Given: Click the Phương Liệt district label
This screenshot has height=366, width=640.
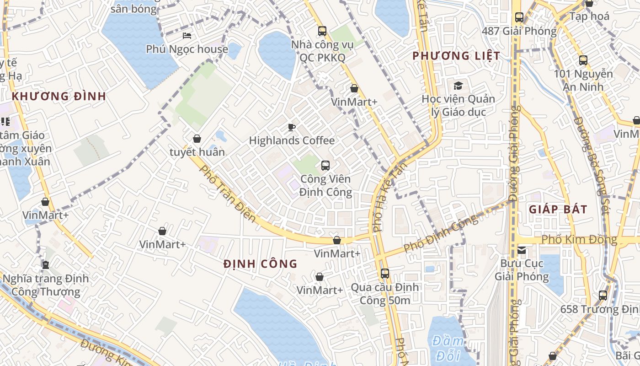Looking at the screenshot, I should point(456,56).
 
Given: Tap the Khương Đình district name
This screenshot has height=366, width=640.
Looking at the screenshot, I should point(59,97).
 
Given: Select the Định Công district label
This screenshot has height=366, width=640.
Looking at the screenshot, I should point(261,264).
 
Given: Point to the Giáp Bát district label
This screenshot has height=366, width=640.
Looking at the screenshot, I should point(558,210).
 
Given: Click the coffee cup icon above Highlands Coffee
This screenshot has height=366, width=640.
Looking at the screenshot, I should point(292,127).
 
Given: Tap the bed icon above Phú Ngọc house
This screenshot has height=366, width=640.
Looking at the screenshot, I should point(187,35).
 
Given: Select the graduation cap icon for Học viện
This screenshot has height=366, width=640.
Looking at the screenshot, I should point(458,86).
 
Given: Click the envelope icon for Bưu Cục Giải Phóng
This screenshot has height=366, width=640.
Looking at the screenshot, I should point(522,250).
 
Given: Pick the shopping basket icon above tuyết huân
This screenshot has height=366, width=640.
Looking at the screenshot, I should point(197,138).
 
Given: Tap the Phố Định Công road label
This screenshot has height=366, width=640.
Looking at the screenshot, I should point(441,234).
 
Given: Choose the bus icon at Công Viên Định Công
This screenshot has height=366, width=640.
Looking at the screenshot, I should point(325,165).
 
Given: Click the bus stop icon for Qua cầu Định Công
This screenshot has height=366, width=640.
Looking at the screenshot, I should point(385,274).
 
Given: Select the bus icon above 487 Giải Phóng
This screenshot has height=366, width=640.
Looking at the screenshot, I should point(519,17).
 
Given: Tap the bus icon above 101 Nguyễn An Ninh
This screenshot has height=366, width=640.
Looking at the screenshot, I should point(583,60).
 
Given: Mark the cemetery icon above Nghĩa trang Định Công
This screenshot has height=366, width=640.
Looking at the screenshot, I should point(45,264).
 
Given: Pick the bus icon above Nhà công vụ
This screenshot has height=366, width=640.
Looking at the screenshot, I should point(322,31).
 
